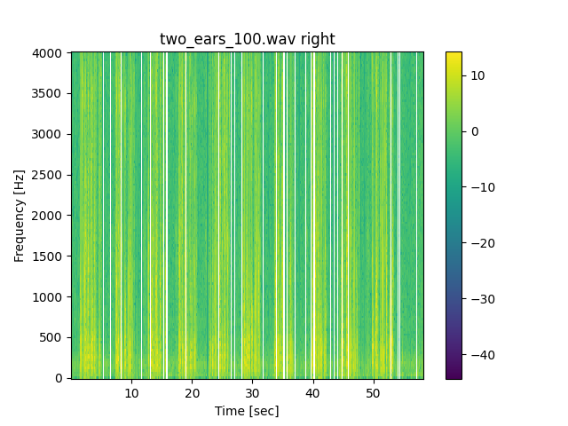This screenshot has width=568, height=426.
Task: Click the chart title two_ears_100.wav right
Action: (x=247, y=39)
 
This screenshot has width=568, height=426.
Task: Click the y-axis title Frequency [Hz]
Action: (x=19, y=216)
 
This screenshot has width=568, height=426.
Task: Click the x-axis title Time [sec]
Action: (x=247, y=411)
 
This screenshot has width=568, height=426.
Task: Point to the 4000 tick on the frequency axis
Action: (x=49, y=53)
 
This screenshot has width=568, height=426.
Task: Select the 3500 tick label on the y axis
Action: (x=49, y=93)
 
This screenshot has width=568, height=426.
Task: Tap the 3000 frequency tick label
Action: (x=49, y=134)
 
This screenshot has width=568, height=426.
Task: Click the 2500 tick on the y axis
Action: (x=49, y=175)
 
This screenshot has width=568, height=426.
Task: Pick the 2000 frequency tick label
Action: (x=49, y=216)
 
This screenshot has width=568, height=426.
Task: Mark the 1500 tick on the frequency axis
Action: (x=49, y=256)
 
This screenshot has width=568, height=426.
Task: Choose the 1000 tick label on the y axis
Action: (x=49, y=297)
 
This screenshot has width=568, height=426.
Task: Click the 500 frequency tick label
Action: (x=52, y=337)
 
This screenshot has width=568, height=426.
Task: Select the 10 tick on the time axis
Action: (x=131, y=392)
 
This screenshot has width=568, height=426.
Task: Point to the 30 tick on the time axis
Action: (x=252, y=392)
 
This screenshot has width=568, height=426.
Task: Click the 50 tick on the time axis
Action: (x=373, y=392)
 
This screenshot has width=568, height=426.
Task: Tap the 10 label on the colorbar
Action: (x=477, y=75)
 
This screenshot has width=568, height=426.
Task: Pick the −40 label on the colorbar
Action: (x=480, y=355)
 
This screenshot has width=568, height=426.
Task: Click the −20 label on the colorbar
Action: (x=480, y=243)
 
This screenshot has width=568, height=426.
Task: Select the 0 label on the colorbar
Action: (x=474, y=131)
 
